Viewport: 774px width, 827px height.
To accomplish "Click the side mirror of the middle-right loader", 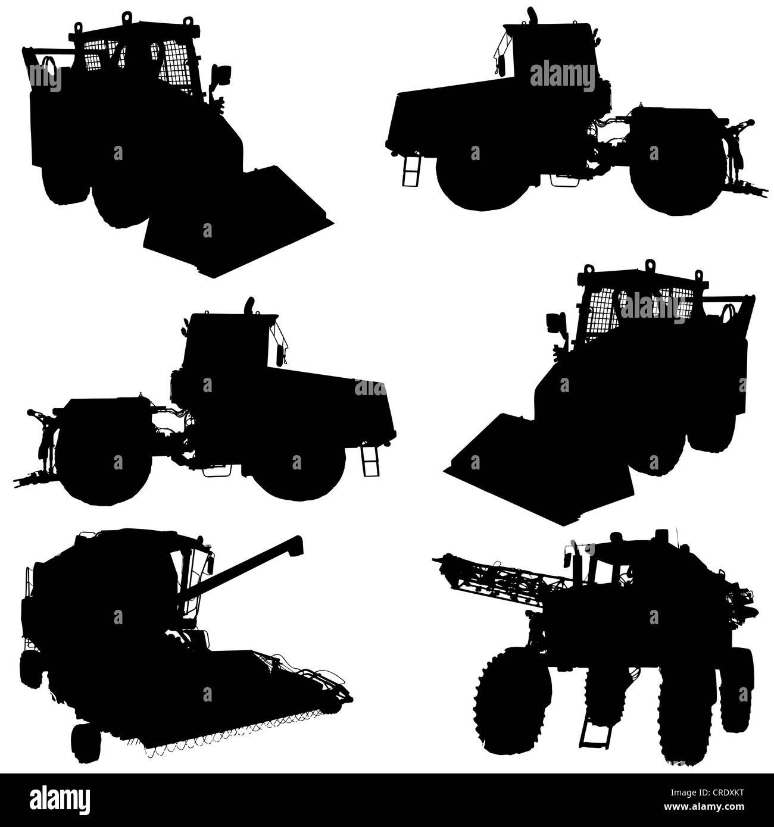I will click(x=554, y=323).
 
